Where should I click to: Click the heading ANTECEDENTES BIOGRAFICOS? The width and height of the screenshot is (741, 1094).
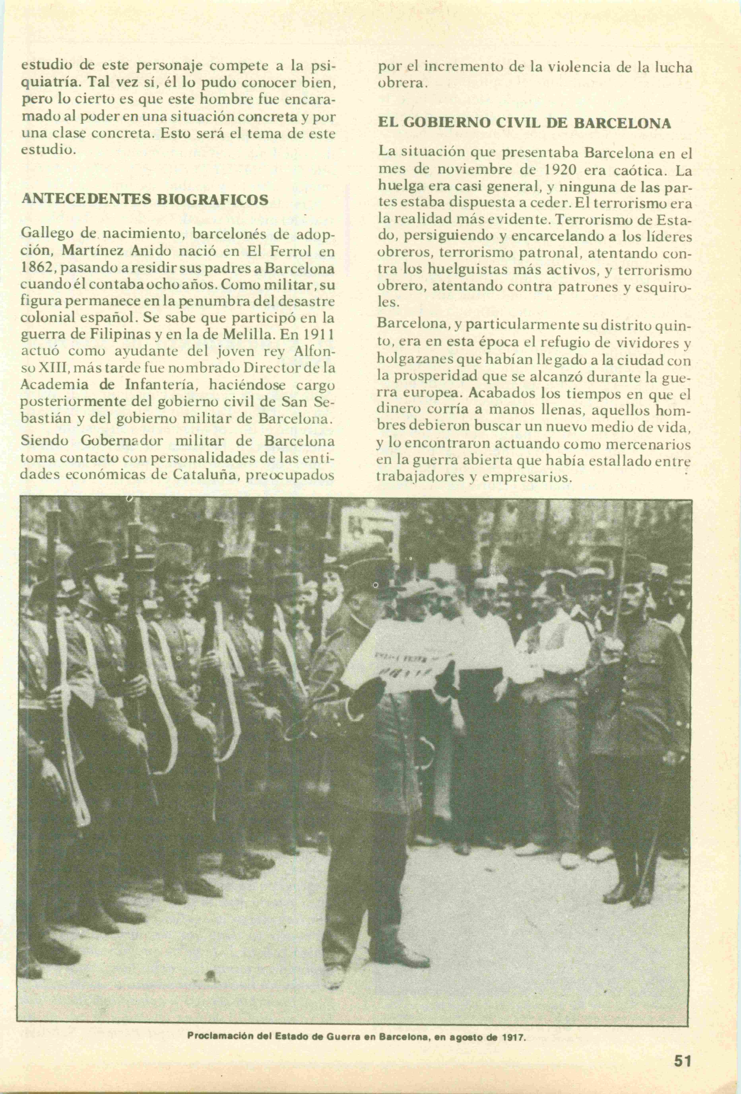[x=145, y=199]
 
